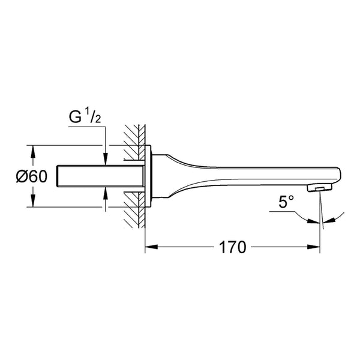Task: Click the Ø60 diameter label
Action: (x=32, y=176)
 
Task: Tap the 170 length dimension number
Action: (x=232, y=247)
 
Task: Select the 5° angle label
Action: (x=286, y=202)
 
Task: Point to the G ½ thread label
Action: (x=85, y=117)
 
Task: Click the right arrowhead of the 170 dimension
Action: (x=313, y=247)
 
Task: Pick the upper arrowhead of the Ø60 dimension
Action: (x=33, y=152)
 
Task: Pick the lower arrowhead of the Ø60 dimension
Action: (x=33, y=200)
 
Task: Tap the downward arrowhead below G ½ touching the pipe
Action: (x=106, y=159)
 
